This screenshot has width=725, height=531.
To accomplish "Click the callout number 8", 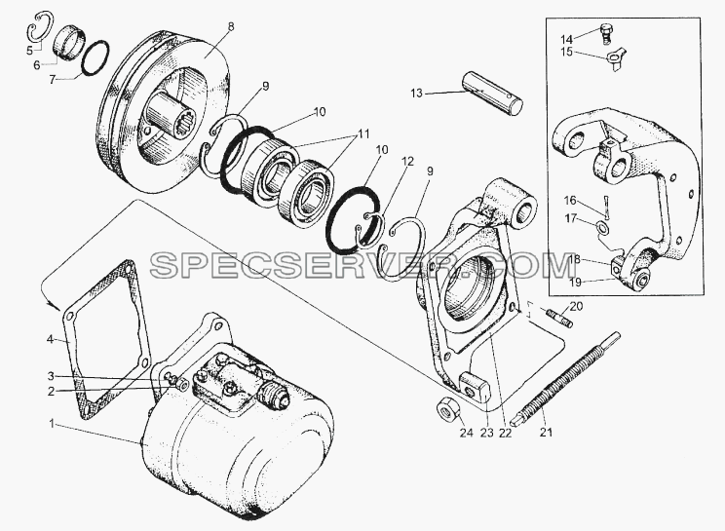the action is [231, 26].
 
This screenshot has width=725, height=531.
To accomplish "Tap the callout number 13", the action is [416, 94].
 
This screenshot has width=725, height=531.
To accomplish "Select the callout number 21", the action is [546, 433].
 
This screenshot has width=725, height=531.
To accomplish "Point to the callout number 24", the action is [467, 433].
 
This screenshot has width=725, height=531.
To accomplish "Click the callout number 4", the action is [50, 341].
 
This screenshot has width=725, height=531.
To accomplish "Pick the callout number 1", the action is [53, 423].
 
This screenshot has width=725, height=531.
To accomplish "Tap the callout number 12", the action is [407, 162].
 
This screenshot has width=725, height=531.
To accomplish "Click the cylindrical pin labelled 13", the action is [492, 95].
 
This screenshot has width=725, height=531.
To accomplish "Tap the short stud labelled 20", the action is [559, 319].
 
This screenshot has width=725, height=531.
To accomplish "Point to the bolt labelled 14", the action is [606, 34].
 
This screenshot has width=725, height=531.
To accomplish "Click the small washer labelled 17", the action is [602, 227].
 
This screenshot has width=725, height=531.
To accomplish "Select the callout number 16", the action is [571, 200].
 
